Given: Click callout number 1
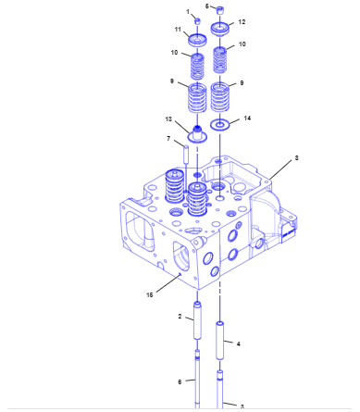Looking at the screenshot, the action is click(x=188, y=12).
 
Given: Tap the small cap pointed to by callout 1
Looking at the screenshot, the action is click(x=197, y=21).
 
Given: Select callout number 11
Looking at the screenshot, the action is click(x=178, y=30).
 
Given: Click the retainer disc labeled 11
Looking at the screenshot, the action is click(x=198, y=40).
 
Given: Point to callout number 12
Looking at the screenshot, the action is click(x=242, y=22).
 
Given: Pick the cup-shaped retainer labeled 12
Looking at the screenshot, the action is click(x=220, y=30).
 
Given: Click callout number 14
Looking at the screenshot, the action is click(x=247, y=119).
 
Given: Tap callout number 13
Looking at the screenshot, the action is click(x=168, y=119).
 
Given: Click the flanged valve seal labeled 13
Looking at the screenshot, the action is click(x=197, y=134).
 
